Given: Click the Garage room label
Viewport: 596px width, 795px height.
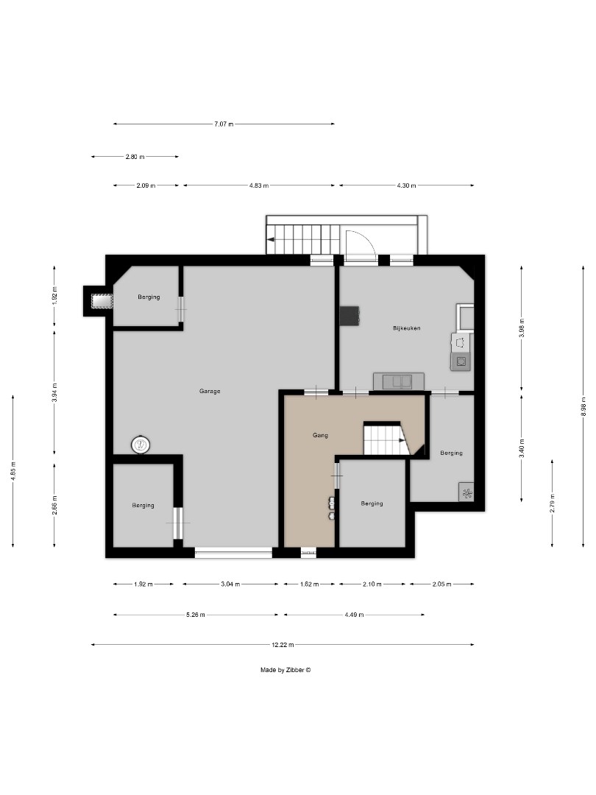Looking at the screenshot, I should pos(210,391).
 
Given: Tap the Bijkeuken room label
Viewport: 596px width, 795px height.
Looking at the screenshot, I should pos(406,328).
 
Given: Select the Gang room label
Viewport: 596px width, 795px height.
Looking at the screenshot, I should pos(320,435).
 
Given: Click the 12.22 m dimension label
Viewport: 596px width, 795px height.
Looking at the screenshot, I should pos(283,645).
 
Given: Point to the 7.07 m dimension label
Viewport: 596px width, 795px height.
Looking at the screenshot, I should pos(224,124).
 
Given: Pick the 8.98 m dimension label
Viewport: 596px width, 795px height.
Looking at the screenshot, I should pos(583,408).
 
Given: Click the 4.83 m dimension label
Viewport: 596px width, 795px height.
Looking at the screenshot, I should pos(258,185).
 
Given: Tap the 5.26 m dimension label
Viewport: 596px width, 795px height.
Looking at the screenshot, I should pos(196,615).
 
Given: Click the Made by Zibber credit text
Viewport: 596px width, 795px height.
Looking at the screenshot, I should pos(285,670).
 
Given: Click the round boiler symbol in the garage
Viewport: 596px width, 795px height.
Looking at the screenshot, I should pos(141,445).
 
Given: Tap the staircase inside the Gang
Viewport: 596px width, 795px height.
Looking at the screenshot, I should pos(384,440).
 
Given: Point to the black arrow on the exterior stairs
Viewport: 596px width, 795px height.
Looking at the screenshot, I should pos(272,239).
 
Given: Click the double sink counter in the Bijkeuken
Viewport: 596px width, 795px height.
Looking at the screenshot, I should pos(398,381).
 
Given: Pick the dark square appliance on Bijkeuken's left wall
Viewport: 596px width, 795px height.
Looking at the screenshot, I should pos(349,315).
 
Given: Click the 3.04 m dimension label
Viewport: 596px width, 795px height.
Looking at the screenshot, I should pos(229,584).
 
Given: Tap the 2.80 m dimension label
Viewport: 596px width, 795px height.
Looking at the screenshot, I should pos(135,156).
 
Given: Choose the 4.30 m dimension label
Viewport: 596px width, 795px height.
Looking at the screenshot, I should pos(406,185).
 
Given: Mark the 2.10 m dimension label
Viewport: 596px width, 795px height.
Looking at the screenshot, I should pos(372,584).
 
